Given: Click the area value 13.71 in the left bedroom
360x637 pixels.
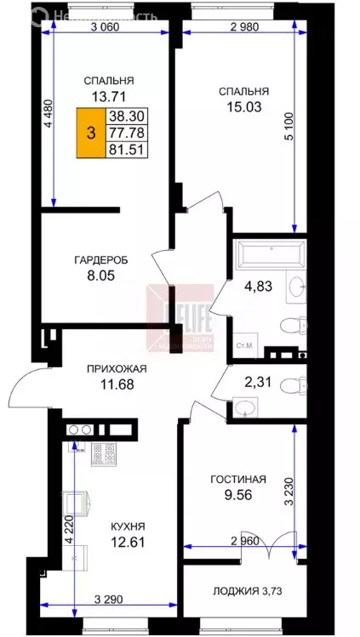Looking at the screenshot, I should pyautogui.click(x=110, y=95).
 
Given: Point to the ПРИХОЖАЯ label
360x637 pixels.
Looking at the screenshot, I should pyautogui.click(x=116, y=368).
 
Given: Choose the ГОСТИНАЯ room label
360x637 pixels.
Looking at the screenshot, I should pyautogui.click(x=238, y=480).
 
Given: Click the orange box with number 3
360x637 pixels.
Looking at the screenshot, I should pyautogui.click(x=89, y=133).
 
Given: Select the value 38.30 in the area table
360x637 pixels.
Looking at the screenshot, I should pyautogui.click(x=123, y=117).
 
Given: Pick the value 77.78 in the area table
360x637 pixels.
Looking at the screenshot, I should pyautogui.click(x=123, y=133).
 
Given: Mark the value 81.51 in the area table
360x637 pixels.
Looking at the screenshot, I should pyautogui.click(x=123, y=149).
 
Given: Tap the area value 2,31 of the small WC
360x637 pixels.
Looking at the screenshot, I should pyautogui.click(x=256, y=383).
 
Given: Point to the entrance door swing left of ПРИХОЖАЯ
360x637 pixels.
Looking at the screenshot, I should pyautogui.click(x=24, y=389).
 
